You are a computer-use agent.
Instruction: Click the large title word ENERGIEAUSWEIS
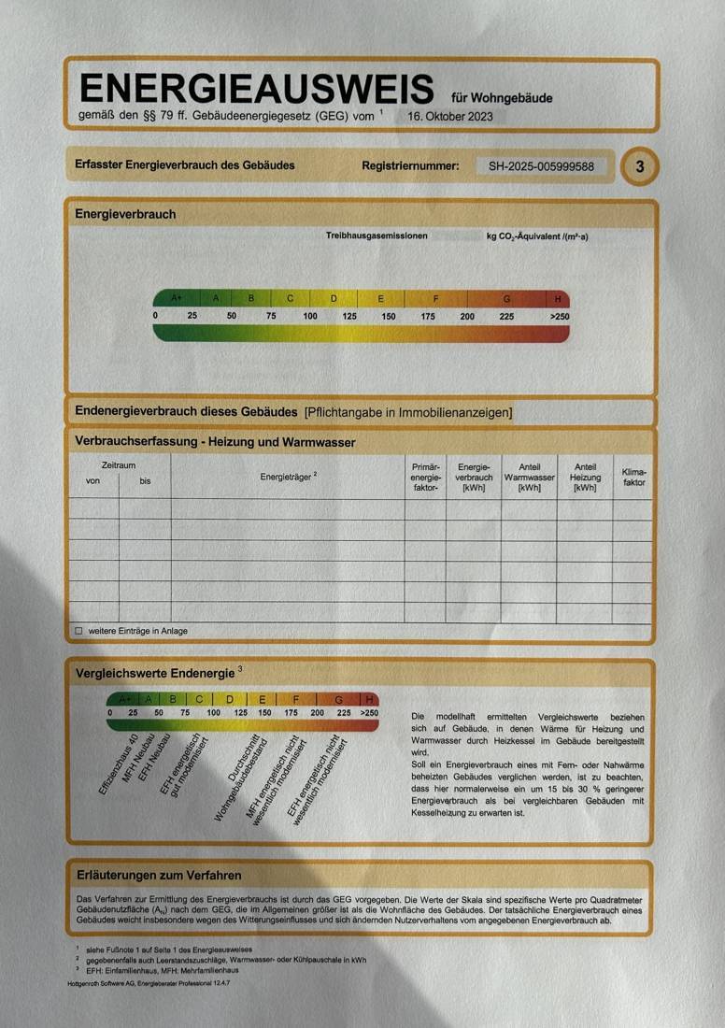(257, 90)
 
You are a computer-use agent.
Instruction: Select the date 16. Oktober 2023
(450, 117)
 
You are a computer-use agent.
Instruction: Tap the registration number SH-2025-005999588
(541, 166)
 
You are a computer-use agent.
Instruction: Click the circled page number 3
(640, 166)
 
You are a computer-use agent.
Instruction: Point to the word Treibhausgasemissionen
(377, 236)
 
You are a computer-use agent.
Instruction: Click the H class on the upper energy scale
(558, 299)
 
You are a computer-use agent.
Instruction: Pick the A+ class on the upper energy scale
(178, 298)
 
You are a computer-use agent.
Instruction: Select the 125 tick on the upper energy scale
(349, 317)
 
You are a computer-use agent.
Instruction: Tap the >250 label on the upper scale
(559, 317)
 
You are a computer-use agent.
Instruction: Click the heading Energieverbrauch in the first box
(125, 214)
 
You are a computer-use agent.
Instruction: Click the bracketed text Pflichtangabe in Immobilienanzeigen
(408, 412)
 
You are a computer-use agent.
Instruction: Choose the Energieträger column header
(288, 476)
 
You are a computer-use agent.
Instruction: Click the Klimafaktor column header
(633, 478)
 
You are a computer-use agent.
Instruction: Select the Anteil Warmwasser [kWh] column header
(529, 477)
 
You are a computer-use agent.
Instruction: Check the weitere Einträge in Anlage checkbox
(78, 631)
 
